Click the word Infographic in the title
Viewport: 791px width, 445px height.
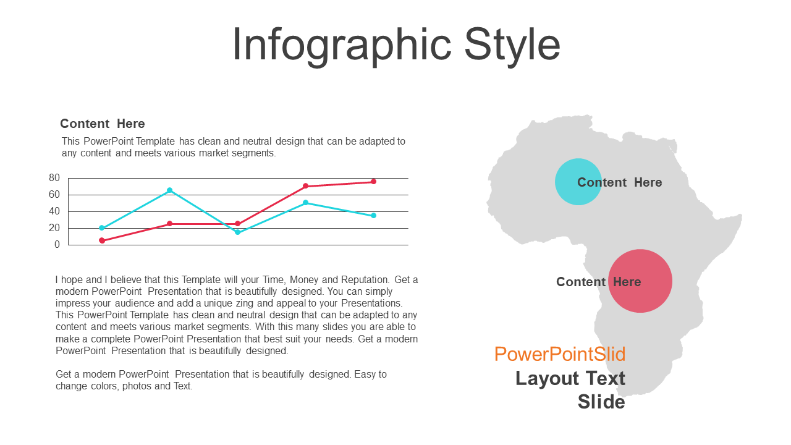342,46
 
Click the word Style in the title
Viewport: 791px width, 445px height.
512,46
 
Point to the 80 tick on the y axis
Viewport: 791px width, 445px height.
54,177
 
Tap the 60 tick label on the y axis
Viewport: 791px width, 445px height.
54,194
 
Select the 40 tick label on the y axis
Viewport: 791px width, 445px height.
54,211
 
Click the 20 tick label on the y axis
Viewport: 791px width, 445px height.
54,228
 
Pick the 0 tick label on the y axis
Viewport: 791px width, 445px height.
57,244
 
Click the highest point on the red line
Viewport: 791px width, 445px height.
374,182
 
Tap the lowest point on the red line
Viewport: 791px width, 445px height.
102,240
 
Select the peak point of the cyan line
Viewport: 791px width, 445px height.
170,190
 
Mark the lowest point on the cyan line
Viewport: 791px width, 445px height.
238,232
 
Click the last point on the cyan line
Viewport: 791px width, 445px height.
374,216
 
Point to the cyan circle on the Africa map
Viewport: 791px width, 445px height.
578,182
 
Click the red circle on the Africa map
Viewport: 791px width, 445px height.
640,281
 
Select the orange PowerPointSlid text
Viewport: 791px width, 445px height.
560,354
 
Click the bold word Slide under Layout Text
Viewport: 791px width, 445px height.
601,402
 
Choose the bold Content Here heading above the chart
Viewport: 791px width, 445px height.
103,124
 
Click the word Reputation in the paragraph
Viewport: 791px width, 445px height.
365,280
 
